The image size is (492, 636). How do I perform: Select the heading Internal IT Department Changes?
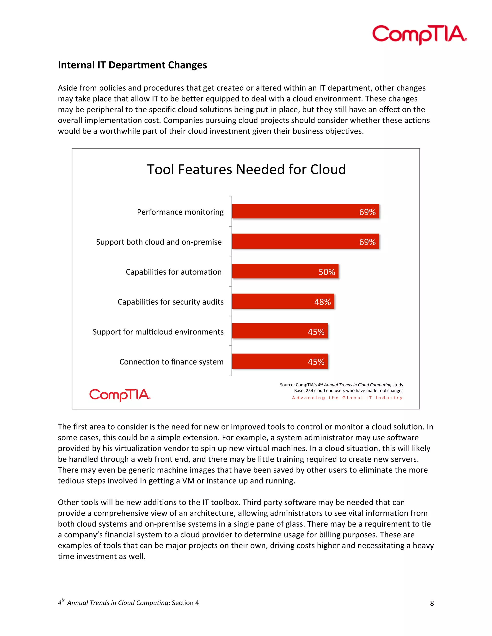coord(132,65)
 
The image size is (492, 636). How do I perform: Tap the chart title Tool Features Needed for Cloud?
coord(246,169)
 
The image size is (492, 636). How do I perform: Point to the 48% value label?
coord(322,302)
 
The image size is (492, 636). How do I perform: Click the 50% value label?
coord(327,272)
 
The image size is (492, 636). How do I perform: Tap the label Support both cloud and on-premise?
coord(159,242)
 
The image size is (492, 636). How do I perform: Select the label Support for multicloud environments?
coord(158,332)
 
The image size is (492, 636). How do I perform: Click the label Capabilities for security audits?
coord(171,302)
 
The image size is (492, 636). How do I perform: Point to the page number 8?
coord(432,603)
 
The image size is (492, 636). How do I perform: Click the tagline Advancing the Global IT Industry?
coord(347,398)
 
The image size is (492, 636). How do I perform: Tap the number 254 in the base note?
coord(309,391)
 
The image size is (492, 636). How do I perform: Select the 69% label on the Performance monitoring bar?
coord(367,212)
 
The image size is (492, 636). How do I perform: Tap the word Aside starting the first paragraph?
coord(67,88)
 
